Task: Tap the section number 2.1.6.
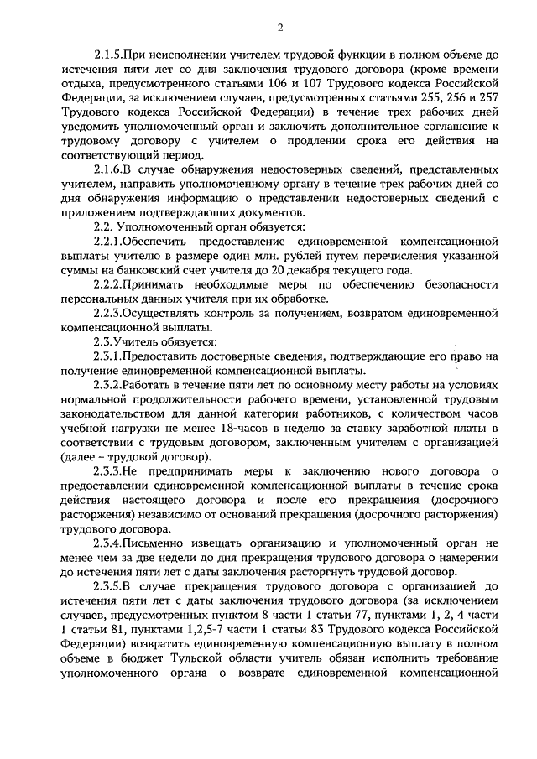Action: (111, 170)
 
